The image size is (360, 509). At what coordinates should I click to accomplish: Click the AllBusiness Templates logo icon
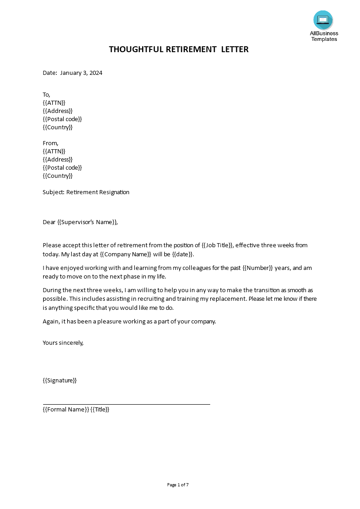(323, 20)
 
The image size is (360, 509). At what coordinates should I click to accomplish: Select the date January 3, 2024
(81, 73)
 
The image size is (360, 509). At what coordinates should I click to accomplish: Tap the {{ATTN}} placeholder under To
(54, 103)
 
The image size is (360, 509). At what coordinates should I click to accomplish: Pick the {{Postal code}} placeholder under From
(62, 167)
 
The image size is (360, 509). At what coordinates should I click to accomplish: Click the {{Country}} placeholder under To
(58, 127)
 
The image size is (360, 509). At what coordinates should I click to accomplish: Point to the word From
(50, 143)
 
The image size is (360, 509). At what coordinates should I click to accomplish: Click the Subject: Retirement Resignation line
(86, 192)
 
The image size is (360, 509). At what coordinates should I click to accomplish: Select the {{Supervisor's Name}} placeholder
(87, 222)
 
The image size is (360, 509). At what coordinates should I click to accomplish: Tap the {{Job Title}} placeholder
(217, 245)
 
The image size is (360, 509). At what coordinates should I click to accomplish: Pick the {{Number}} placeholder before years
(257, 268)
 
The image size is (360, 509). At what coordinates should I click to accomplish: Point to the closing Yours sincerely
(63, 343)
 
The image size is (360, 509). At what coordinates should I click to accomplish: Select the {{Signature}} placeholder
(59, 380)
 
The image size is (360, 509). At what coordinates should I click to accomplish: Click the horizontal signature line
(126, 404)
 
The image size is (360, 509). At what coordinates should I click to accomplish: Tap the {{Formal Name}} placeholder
(65, 409)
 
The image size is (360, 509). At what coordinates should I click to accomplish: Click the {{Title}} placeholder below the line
(100, 409)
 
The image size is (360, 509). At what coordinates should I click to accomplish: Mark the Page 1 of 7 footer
(178, 485)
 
